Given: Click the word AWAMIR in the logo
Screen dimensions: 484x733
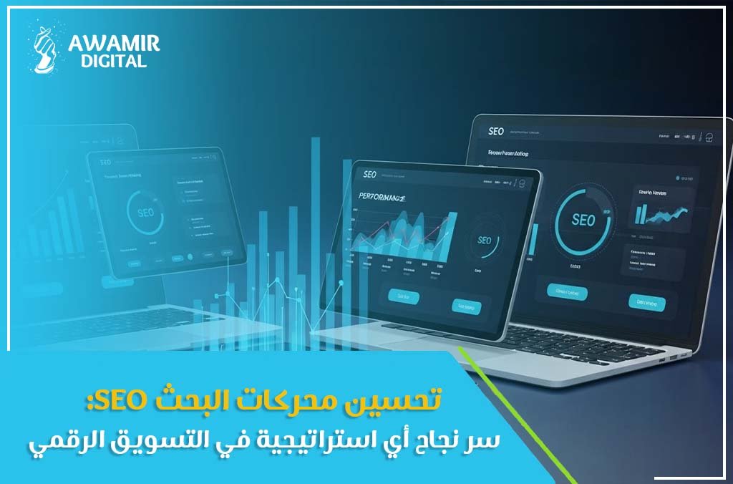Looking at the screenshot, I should click(x=114, y=44).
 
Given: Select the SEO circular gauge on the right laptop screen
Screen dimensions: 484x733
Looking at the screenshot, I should click(x=583, y=220).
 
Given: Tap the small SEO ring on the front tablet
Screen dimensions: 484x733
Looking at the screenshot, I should click(x=485, y=241).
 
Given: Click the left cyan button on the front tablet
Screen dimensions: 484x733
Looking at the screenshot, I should click(x=402, y=295).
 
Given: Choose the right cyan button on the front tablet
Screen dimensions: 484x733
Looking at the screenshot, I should click(x=467, y=306).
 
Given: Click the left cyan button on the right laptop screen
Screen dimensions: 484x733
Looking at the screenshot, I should click(x=567, y=291).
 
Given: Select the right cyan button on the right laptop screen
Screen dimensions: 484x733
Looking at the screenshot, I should click(x=646, y=302).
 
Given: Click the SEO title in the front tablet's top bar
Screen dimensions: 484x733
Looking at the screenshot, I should click(x=369, y=174).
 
